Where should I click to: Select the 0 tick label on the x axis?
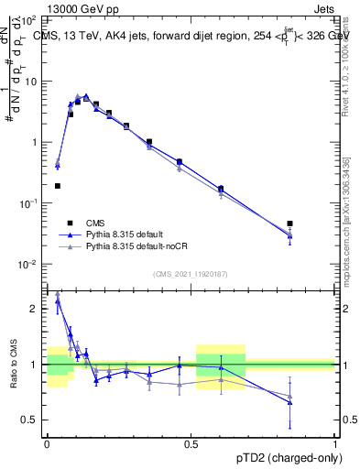[47, 442]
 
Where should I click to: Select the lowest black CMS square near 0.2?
[57, 186]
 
